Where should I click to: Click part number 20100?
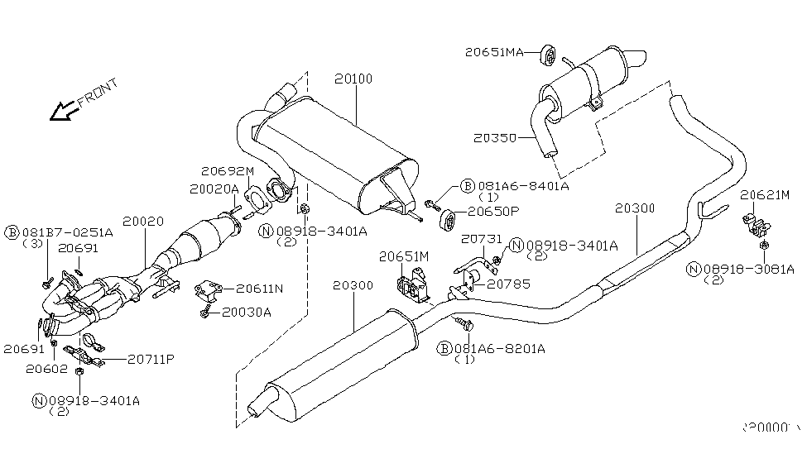[x=353, y=79]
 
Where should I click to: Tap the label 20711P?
[x=151, y=359]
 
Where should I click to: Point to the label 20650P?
[x=492, y=211]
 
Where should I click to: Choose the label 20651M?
[x=404, y=257]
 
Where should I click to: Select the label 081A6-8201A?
[x=498, y=349]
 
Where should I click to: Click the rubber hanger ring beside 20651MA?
[x=547, y=55]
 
